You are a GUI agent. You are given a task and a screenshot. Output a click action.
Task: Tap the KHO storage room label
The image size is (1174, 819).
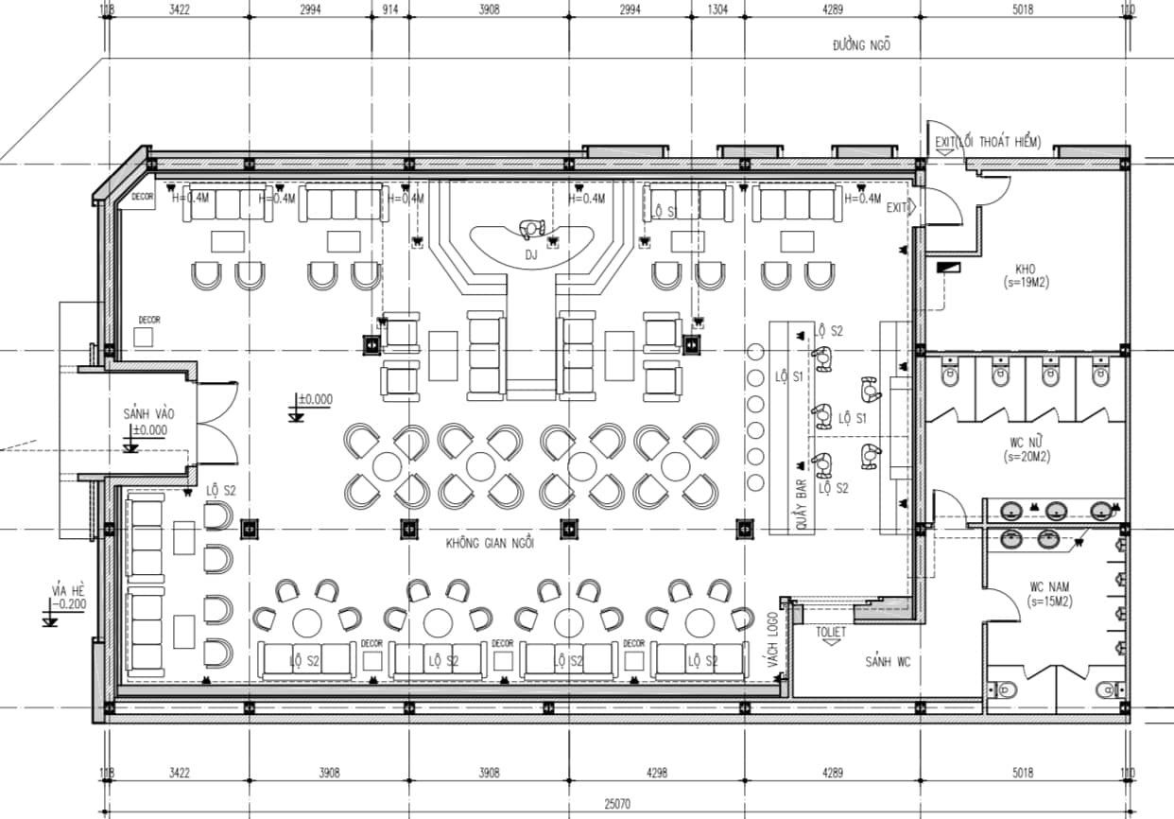(1025, 270)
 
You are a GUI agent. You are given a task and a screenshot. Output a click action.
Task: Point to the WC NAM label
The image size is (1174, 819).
(1050, 587)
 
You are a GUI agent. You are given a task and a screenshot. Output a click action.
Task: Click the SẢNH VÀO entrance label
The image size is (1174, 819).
(148, 414)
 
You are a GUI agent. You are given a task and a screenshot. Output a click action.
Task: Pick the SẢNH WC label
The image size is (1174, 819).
(888, 662)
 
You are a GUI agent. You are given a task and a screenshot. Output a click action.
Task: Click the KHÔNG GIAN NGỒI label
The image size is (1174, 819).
(492, 544)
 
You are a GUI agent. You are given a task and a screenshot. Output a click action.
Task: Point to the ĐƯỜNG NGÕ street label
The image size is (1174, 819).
(861, 44)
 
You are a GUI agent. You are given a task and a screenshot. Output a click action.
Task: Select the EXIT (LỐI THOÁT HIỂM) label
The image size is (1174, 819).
(987, 143)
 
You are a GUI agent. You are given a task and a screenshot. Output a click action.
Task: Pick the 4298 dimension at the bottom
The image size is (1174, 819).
(657, 774)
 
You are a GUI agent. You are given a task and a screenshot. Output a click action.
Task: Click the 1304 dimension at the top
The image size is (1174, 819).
(718, 10)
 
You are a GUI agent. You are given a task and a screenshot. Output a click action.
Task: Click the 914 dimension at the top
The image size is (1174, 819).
(388, 10)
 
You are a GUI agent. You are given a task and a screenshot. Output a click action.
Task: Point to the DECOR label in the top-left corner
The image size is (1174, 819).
(143, 197)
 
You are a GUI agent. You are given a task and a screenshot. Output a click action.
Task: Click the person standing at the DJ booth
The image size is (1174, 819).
(532, 227)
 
